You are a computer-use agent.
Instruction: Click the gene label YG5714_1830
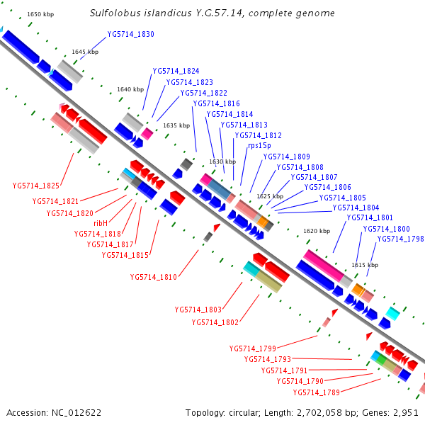130,34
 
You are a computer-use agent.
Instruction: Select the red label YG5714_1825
35,186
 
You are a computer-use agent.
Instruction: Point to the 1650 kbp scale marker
40,14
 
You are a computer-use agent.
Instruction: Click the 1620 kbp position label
317,231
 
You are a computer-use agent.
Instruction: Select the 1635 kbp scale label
176,125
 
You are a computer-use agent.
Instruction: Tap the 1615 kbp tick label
364,265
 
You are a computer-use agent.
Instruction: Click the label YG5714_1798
400,239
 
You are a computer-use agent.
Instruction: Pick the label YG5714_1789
316,392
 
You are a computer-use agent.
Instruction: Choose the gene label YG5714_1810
153,277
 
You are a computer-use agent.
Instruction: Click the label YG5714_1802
215,322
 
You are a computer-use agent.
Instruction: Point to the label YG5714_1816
216,103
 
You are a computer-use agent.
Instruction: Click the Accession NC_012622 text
54,412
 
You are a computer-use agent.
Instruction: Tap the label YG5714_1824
176,71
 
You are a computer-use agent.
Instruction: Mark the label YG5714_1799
252,348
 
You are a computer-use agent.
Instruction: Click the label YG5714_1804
356,208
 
